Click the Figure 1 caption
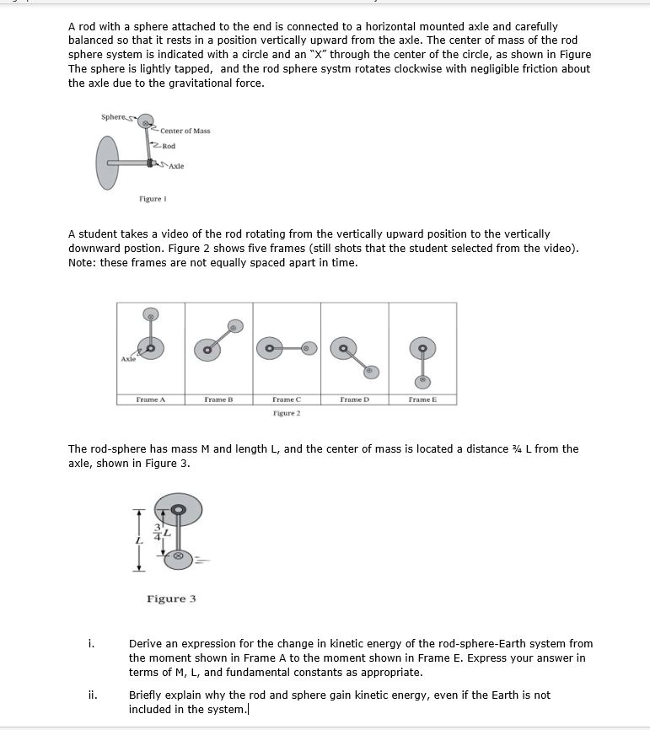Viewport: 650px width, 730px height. coord(149,199)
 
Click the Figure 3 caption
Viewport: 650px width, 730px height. coord(171,598)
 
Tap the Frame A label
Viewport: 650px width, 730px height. coord(150,399)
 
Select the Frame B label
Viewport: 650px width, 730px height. coord(218,399)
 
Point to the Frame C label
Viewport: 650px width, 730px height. coord(287,399)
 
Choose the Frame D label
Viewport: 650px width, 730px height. coord(355,399)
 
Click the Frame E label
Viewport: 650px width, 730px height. coord(422,399)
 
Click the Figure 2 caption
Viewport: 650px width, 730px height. coord(287,413)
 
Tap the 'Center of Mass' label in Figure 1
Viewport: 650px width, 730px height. coord(185,131)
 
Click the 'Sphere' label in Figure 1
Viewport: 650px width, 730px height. coord(112,115)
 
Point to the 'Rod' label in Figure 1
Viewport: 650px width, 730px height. coord(169,146)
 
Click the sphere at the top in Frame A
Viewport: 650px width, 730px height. coord(150,314)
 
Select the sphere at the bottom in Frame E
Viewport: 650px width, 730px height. coord(422,380)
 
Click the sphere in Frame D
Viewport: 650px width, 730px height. coord(370,371)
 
